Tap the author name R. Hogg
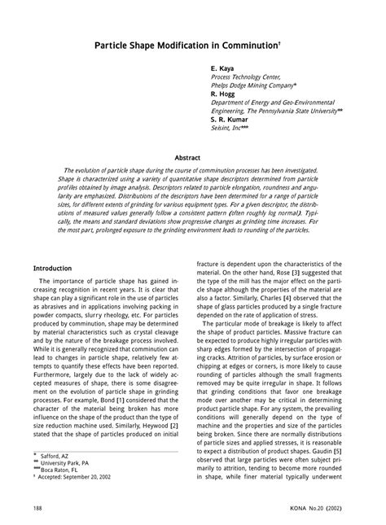224,94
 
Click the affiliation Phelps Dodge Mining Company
252,85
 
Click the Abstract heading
192,156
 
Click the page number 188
38,507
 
